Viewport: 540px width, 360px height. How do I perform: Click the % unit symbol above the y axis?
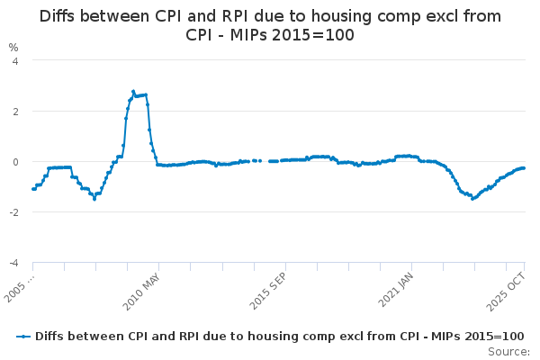(x=13, y=47)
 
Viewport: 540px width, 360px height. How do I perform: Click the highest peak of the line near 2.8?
(x=133, y=91)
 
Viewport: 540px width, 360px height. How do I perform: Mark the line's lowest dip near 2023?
(x=472, y=199)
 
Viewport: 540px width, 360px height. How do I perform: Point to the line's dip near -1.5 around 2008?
(x=94, y=199)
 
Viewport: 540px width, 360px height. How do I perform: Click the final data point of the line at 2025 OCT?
(x=524, y=168)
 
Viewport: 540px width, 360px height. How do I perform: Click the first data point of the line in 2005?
(x=33, y=189)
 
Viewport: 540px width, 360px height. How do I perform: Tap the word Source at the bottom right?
(x=509, y=352)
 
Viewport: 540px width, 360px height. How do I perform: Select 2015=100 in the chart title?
(x=310, y=35)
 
